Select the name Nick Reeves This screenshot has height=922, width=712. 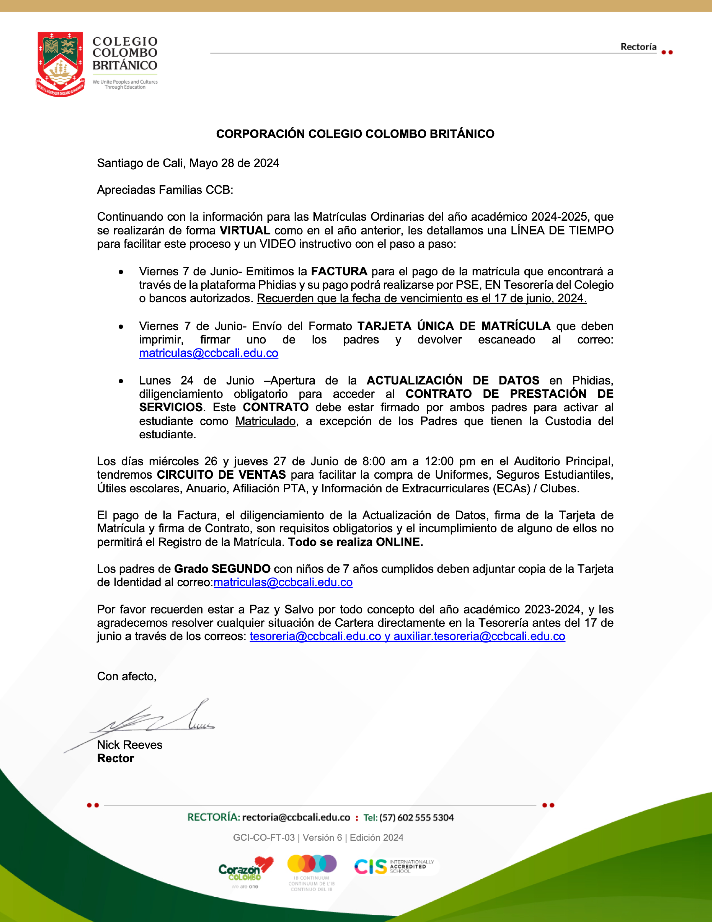pos(130,745)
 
